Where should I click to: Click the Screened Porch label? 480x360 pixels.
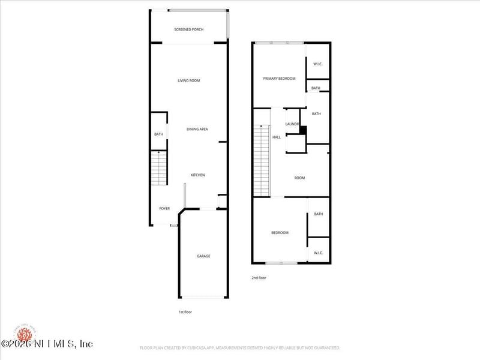[x=188, y=29]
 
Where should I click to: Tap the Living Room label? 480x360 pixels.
[x=188, y=80]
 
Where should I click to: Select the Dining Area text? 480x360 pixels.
[x=197, y=129]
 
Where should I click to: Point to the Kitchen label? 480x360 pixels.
[x=197, y=175]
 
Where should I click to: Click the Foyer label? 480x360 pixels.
[x=164, y=209]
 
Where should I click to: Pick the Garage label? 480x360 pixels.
[x=203, y=256]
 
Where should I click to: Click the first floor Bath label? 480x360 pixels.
[x=158, y=134]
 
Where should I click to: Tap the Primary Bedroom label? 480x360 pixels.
[x=279, y=79]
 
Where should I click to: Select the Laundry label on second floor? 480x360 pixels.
[x=292, y=124]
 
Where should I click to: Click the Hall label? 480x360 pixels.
[x=277, y=137]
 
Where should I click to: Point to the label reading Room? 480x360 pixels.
[x=299, y=178]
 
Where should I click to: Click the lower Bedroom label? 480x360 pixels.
[x=280, y=233]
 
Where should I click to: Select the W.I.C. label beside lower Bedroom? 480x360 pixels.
[x=318, y=253]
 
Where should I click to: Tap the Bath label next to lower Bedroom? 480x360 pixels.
[x=318, y=214]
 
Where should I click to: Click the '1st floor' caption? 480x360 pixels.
[x=185, y=312]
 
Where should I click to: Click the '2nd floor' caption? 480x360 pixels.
[x=259, y=278]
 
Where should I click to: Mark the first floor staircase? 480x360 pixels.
[x=158, y=169]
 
